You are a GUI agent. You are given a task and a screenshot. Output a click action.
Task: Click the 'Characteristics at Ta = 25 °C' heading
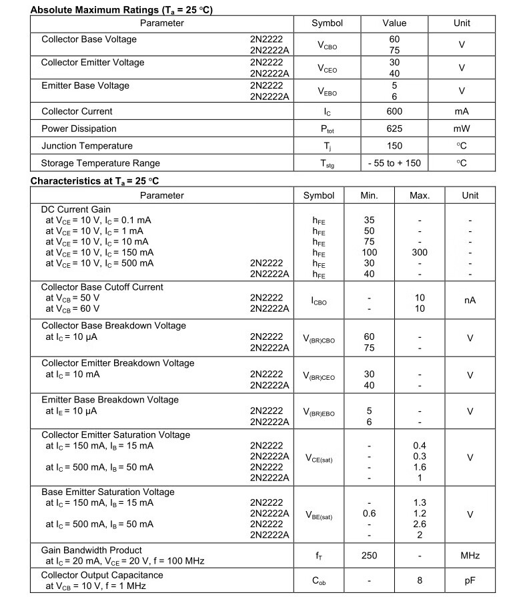click(95, 181)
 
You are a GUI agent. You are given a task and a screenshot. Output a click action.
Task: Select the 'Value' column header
click(394, 23)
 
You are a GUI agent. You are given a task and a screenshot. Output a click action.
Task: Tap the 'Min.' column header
click(369, 196)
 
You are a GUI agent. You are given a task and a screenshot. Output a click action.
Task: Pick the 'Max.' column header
click(420, 196)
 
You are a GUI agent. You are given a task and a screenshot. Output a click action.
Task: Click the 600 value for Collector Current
click(394, 111)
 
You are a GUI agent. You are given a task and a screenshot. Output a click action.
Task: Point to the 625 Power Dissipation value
click(394, 129)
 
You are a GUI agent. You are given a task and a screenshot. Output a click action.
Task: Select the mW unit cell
click(462, 129)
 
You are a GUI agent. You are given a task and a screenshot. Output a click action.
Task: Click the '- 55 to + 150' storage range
click(394, 163)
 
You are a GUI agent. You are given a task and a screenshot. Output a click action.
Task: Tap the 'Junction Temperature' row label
click(87, 146)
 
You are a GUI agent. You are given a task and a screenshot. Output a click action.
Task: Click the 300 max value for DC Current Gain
click(420, 253)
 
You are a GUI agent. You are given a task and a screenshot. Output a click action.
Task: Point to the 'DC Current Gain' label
click(76, 210)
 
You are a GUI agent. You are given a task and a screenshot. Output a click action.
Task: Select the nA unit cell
click(470, 301)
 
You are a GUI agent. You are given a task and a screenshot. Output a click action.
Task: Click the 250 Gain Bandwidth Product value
click(369, 556)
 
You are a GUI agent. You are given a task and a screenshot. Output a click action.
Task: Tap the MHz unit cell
click(470, 556)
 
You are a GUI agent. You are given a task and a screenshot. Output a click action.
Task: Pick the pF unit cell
click(470, 581)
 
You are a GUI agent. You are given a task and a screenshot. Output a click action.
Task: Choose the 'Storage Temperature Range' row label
click(101, 163)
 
